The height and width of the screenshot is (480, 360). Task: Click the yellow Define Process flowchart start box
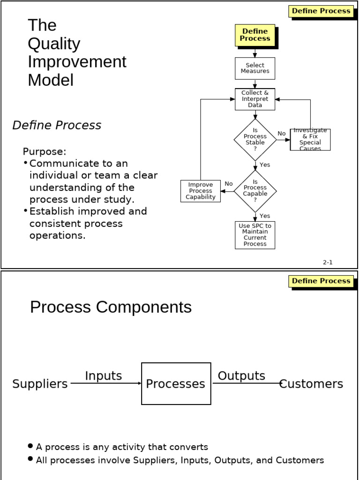point(255,35)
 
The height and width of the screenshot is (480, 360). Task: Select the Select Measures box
point(255,68)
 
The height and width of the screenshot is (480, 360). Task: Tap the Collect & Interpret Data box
point(255,99)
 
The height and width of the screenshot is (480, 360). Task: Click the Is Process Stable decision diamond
point(255,140)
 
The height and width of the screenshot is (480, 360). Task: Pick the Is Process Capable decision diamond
point(255,191)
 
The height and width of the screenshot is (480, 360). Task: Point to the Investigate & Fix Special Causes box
point(310,140)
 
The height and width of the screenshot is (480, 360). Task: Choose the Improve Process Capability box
point(201,191)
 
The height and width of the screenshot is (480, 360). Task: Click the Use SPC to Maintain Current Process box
point(255,235)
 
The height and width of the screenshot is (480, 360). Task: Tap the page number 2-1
point(327,262)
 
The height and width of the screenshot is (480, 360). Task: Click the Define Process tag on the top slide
point(321,11)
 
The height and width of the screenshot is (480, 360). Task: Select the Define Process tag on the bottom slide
point(321,281)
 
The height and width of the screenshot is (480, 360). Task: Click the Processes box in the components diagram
point(176,384)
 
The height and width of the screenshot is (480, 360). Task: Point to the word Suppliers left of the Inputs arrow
point(40,384)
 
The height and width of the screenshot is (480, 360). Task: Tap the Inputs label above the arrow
point(103,376)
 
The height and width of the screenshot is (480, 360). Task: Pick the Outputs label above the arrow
point(241,376)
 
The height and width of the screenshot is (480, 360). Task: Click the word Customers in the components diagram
point(312,384)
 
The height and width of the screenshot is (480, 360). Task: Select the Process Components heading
point(111,307)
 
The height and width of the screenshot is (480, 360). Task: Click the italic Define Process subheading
point(57,126)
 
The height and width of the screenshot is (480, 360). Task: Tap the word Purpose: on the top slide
point(45,152)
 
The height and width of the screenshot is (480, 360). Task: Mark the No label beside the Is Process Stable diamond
point(281,134)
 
